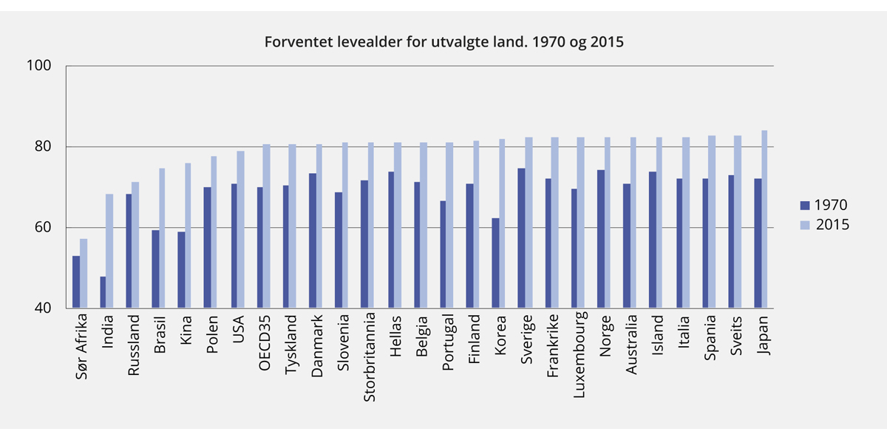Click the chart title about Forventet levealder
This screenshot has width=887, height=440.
tap(444, 42)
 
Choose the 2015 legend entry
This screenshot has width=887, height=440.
tap(823, 225)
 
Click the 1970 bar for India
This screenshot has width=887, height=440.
tap(103, 292)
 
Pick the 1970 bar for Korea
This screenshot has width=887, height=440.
tap(496, 263)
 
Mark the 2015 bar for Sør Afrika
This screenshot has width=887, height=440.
tap(84, 274)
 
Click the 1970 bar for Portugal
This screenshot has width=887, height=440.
tap(443, 254)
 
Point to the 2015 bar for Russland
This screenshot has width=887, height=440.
tap(135, 245)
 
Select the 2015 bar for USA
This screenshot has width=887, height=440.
tap(240, 230)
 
